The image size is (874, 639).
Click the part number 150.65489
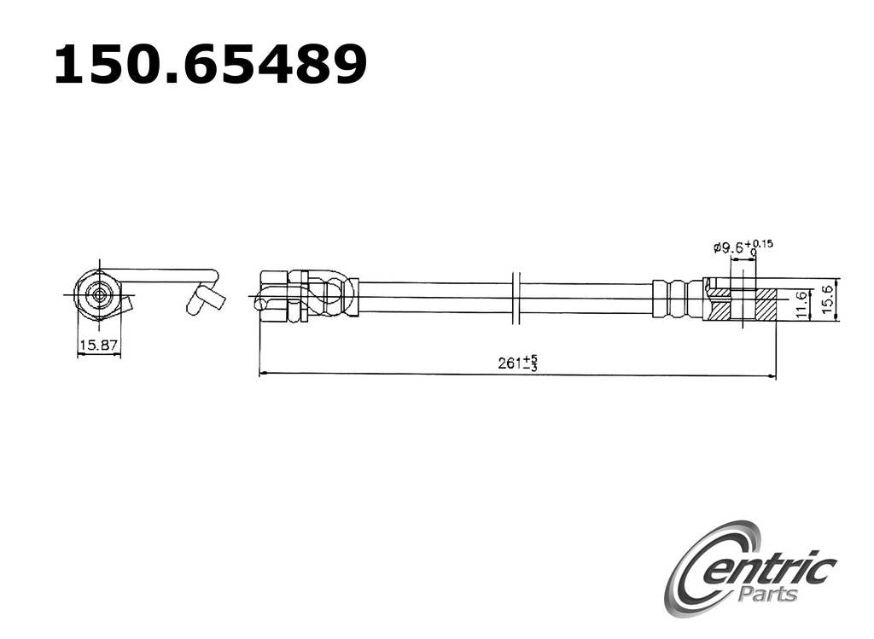(x=210, y=65)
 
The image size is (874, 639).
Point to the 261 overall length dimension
(x=510, y=363)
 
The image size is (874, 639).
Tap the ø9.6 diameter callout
(x=728, y=248)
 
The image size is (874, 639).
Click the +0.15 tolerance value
(x=760, y=243)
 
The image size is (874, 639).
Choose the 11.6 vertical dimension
(x=800, y=305)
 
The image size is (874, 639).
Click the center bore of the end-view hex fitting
(x=100, y=295)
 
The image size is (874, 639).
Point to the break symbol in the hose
(x=515, y=299)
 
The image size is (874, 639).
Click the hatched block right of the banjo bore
(x=766, y=305)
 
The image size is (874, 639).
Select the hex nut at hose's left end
(x=273, y=294)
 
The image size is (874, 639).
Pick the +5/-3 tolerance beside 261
(x=530, y=363)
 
